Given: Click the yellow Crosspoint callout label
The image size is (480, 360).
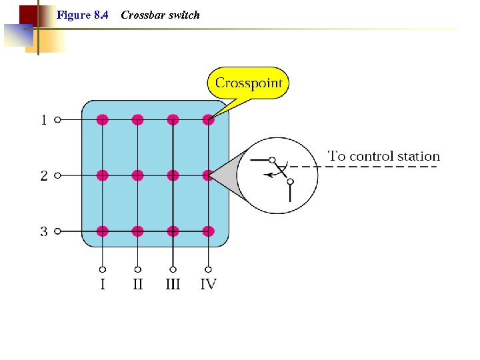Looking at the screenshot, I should pyautogui.click(x=249, y=83).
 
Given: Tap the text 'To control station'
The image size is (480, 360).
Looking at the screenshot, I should pyautogui.click(x=383, y=156).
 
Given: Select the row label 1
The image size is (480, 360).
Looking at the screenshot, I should pyautogui.click(x=43, y=121).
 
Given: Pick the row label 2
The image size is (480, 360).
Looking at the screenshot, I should pyautogui.click(x=43, y=176).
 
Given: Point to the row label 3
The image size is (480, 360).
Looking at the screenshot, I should pyautogui.click(x=43, y=232).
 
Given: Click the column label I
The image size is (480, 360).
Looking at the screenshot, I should pyautogui.click(x=102, y=284).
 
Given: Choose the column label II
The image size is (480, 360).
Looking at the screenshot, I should pyautogui.click(x=137, y=284).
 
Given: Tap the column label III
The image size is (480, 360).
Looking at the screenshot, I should pyautogui.click(x=173, y=284).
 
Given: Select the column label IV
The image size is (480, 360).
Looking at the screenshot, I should pyautogui.click(x=209, y=284).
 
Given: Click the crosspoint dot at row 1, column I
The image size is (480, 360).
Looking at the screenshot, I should pyautogui.click(x=102, y=120).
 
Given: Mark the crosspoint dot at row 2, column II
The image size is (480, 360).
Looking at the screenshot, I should pyautogui.click(x=137, y=175).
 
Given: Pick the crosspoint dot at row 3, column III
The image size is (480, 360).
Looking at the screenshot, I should pyautogui.click(x=173, y=231).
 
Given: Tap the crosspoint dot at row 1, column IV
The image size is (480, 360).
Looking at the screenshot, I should pyautogui.click(x=208, y=120).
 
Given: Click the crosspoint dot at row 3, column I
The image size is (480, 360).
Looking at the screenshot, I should pyautogui.click(x=102, y=231).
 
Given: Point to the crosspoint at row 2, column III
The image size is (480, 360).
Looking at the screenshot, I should pyautogui.click(x=173, y=175).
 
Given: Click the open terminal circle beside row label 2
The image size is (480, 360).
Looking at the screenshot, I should pyautogui.click(x=57, y=176).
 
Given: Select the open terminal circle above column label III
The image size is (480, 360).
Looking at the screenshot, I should pyautogui.click(x=173, y=269).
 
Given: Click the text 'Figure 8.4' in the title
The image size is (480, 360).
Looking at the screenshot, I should pyautogui.click(x=83, y=15).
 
